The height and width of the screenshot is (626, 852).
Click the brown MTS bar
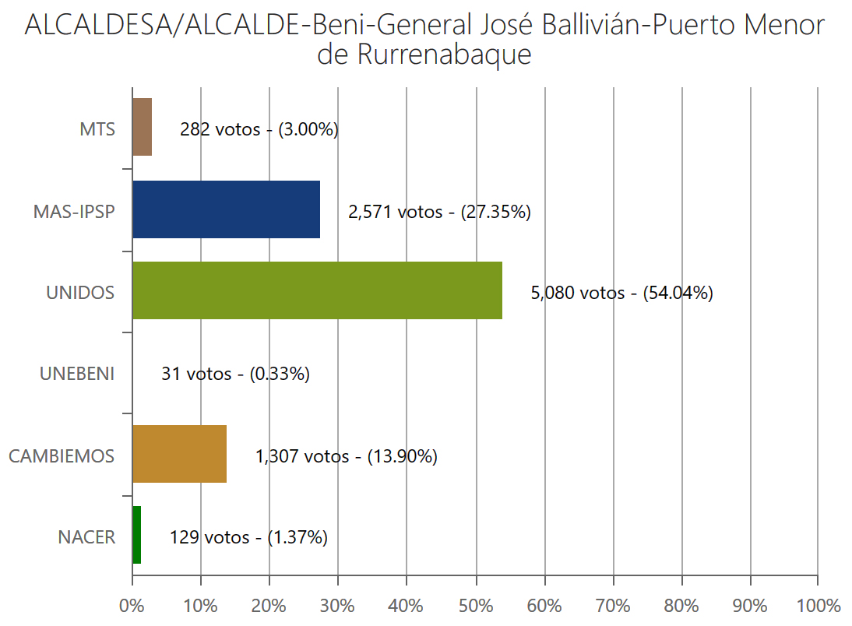point(142,127)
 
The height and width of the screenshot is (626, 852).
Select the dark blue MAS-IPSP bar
point(226,209)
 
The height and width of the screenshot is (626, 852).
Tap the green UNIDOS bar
point(317,290)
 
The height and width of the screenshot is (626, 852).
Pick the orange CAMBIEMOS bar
point(179,454)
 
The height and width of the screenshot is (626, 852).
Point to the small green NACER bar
point(136,535)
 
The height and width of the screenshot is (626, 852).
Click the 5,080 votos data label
point(621,294)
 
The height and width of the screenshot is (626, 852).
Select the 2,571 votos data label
point(439,212)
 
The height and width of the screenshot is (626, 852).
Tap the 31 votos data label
point(235,375)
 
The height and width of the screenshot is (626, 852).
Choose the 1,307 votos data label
point(346,456)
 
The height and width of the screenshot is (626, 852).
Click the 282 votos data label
point(259,130)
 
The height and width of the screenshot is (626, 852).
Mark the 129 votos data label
point(248,537)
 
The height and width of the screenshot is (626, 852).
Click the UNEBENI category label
point(77,375)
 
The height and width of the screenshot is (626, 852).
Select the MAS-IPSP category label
point(74,211)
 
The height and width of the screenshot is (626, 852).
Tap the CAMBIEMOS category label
point(62,456)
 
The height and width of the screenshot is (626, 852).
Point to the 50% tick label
point(476,606)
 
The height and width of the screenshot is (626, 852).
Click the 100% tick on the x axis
point(818,606)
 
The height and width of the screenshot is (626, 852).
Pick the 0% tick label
point(132,606)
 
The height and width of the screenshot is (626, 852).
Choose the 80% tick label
point(681,606)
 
